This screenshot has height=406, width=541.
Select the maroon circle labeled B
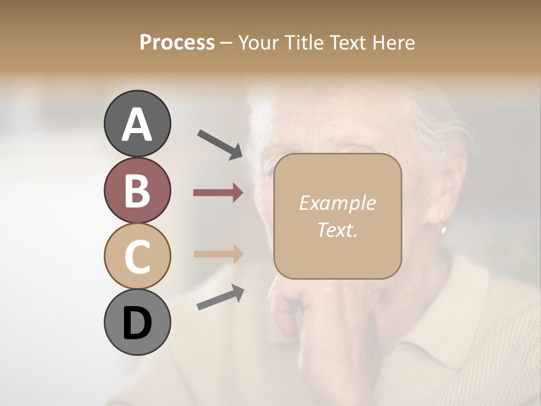tap(138, 191)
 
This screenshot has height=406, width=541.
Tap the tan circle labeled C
tap(138, 256)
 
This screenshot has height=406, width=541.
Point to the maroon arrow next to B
tap(218, 193)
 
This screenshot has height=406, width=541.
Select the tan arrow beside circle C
tap(218, 254)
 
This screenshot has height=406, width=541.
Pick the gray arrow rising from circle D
tap(220, 298)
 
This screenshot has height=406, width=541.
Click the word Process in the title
tap(177, 42)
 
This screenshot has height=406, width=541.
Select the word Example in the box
tap(337, 203)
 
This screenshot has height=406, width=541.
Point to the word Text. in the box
tap(337, 229)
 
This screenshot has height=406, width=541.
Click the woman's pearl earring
tap(443, 230)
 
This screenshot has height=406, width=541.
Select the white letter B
tap(138, 191)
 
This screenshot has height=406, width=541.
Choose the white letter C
tap(138, 256)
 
